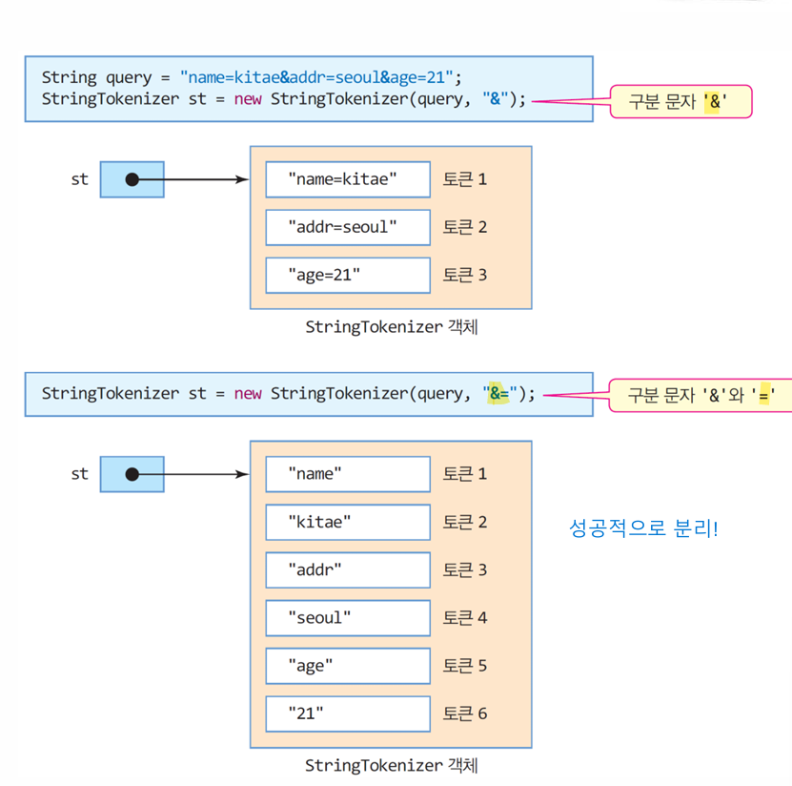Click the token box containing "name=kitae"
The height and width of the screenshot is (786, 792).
pos(347,179)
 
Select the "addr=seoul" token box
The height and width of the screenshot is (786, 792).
pos(347,227)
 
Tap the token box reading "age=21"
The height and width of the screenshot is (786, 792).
pos(347,276)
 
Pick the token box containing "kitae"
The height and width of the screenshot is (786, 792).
pos(347,522)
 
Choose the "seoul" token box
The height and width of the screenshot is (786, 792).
pos(347,618)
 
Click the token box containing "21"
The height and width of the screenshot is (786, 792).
pos(347,714)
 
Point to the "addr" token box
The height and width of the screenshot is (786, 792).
pos(347,570)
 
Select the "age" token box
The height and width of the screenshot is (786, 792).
pos(347,666)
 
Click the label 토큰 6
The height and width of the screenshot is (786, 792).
pos(465,714)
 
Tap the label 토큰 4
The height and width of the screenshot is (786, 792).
pos(465,618)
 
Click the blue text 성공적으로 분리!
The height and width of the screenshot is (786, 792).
pos(643,527)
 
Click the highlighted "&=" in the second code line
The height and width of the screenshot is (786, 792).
pos(498,393)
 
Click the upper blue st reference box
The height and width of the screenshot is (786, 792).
pos(132,179)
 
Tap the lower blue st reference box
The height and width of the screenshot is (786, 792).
pos(132,474)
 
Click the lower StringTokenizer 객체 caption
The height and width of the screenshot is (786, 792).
pos(391,765)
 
